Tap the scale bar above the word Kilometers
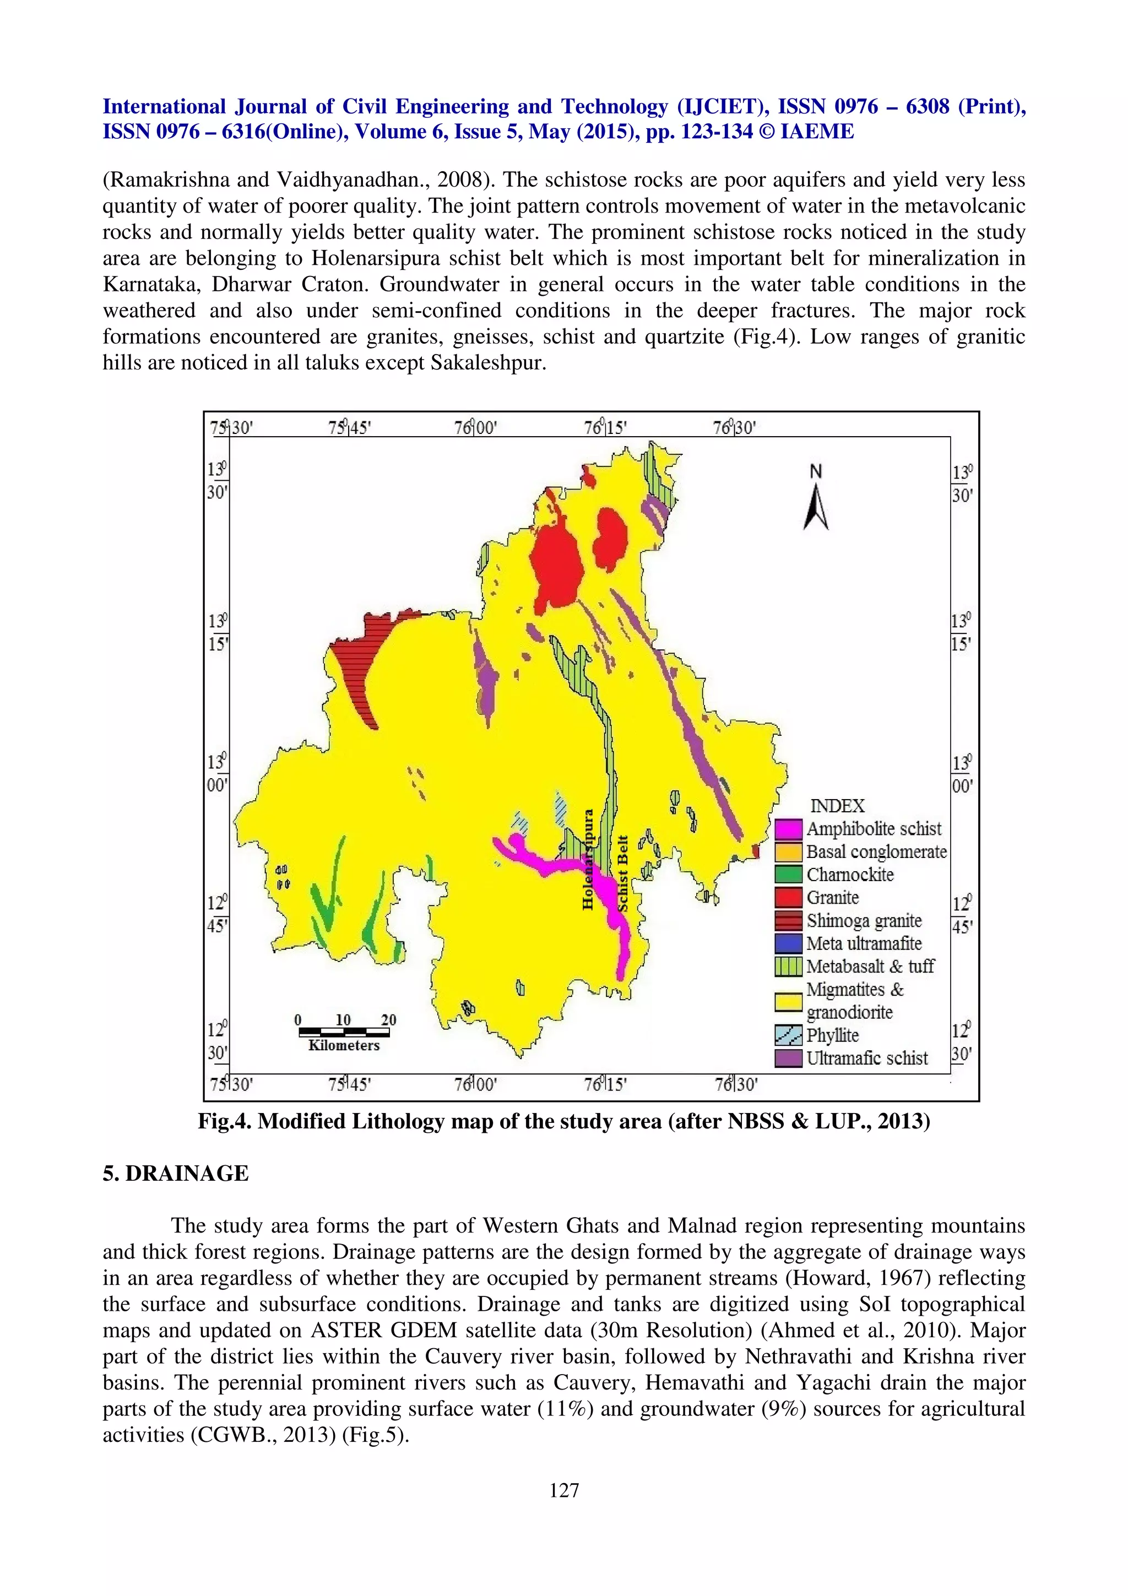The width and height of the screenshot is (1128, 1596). pos(343,1032)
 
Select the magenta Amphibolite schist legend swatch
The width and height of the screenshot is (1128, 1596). pos(789,829)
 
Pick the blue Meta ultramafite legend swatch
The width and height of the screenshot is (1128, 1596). pos(789,944)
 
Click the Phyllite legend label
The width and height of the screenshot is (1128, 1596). pos(832,1036)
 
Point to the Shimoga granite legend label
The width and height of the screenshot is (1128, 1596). pos(863,921)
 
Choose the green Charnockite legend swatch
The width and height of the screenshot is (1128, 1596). pos(789,875)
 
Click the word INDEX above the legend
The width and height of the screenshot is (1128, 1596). pos(838,806)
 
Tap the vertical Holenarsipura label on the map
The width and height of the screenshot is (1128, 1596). pos(588,859)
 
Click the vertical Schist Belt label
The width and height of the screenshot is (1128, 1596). pos(623,873)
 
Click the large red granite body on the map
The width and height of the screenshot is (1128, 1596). pos(556,562)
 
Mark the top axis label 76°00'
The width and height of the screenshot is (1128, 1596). pos(476,427)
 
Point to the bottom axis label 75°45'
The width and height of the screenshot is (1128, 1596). pos(350,1084)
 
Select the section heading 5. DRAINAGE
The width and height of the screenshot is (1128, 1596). pos(175,1174)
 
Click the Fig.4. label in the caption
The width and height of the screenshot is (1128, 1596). pos(225,1122)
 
